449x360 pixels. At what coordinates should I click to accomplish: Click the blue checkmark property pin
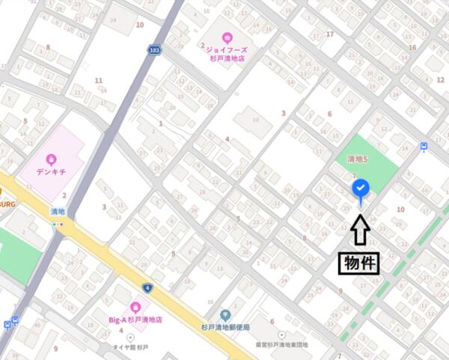point(360,187)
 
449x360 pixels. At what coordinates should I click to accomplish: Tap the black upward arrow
point(360,231)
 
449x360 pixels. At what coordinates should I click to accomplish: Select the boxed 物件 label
point(359,263)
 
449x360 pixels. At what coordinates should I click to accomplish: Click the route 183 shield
point(153,50)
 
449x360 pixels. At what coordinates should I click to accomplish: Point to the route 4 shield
point(146,288)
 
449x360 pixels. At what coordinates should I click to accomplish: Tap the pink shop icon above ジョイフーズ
point(227,35)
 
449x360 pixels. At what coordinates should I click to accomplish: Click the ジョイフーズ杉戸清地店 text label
point(227,52)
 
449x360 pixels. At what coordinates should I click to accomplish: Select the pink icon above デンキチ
point(50,158)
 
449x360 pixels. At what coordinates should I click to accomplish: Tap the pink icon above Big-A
point(135,307)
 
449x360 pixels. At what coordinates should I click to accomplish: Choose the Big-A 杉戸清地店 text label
point(135,320)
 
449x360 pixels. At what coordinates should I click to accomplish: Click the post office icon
point(224,315)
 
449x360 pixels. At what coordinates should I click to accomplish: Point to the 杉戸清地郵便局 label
point(225,328)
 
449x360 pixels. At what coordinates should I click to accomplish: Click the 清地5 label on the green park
point(358,159)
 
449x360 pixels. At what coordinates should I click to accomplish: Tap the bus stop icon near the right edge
point(424,147)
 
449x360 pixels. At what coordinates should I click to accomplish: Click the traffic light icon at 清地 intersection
point(58,224)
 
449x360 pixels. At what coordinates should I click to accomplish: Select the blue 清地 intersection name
point(58,212)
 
